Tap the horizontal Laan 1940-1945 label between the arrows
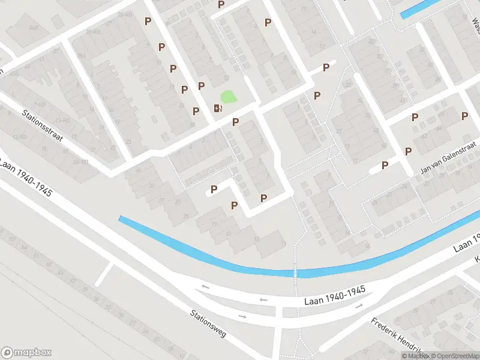335,290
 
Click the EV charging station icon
217,108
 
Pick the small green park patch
228,96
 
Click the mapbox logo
27,353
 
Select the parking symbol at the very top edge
221,4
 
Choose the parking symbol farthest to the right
465,116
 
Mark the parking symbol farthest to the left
148,21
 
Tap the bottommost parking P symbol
235,205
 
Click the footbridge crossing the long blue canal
295,274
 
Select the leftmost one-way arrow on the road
205,287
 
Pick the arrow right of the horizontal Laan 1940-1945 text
359,305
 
